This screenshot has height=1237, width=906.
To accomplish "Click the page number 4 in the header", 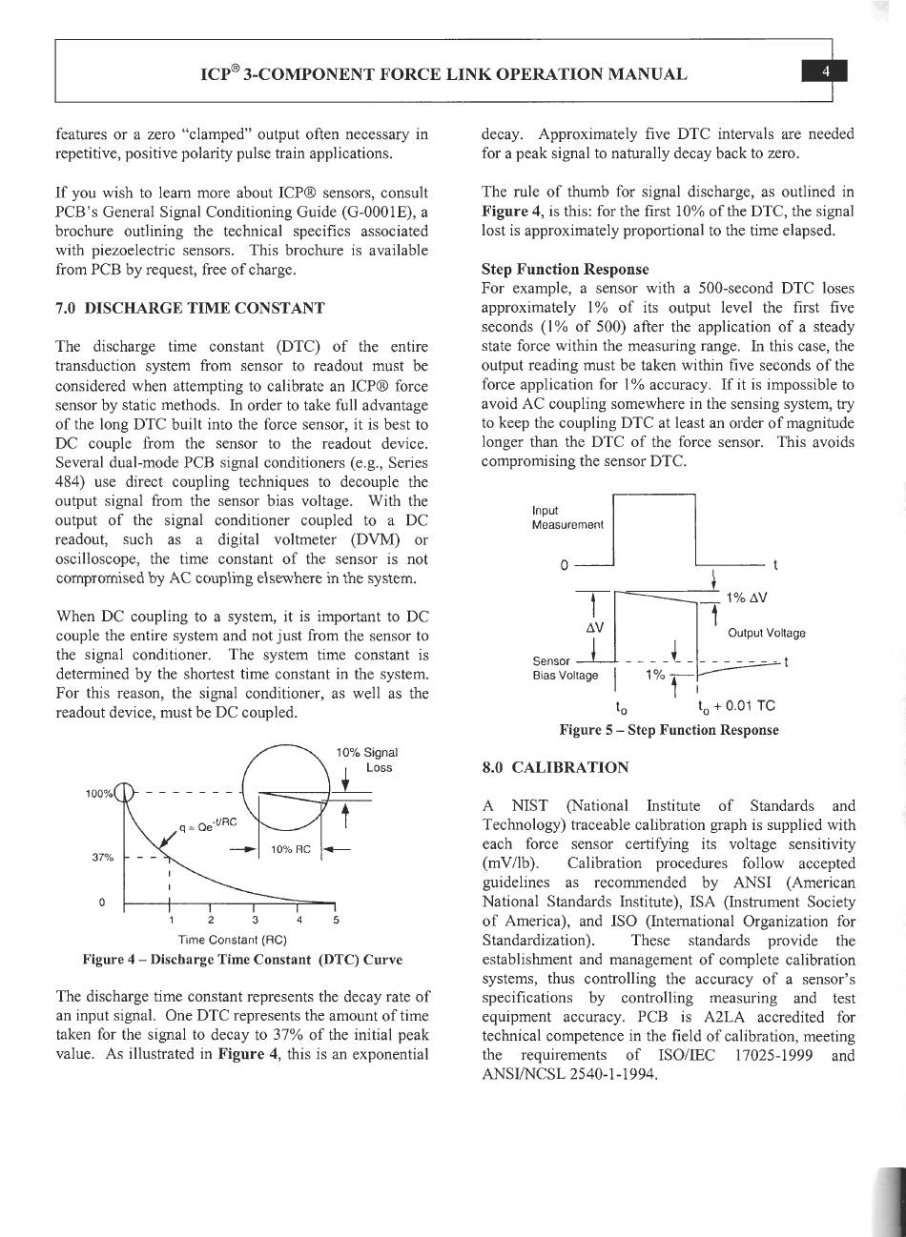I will pyautogui.click(x=826, y=72).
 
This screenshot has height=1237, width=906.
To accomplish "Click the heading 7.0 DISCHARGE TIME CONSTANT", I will pyautogui.click(x=191, y=308).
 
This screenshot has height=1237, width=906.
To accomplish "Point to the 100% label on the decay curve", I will pyautogui.click(x=100, y=793).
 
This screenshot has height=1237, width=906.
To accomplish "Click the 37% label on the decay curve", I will pyautogui.click(x=103, y=856).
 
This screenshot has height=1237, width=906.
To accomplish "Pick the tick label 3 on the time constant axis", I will pyautogui.click(x=255, y=920).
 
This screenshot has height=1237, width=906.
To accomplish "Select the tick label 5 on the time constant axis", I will pyautogui.click(x=336, y=920).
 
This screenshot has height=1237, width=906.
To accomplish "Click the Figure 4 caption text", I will pyautogui.click(x=242, y=959).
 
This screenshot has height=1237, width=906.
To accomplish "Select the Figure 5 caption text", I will pyautogui.click(x=669, y=730).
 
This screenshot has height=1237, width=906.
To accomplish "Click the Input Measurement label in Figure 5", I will pyautogui.click(x=567, y=518).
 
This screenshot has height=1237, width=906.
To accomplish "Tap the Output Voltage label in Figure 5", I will pyautogui.click(x=767, y=633).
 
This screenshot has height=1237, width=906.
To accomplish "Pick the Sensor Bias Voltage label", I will pyautogui.click(x=565, y=668).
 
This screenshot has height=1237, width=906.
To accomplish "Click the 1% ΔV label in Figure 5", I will pyautogui.click(x=747, y=598).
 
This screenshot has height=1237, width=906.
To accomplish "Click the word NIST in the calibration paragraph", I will pyautogui.click(x=529, y=806).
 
